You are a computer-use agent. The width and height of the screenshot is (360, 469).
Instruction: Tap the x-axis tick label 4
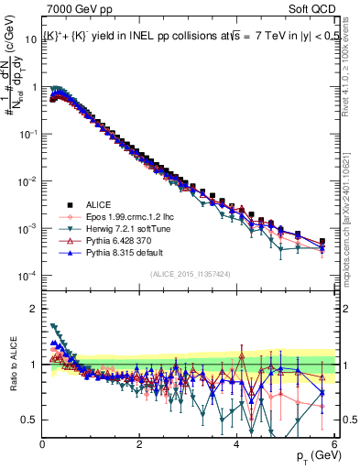pyautogui.click(x=237, y=444)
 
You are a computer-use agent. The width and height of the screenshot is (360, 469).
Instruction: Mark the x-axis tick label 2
pyautogui.click(x=140, y=444)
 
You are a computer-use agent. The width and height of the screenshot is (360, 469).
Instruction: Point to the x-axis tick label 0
pyautogui.click(x=43, y=444)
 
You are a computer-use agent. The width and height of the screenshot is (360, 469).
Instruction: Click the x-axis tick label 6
pyautogui.click(x=334, y=444)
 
